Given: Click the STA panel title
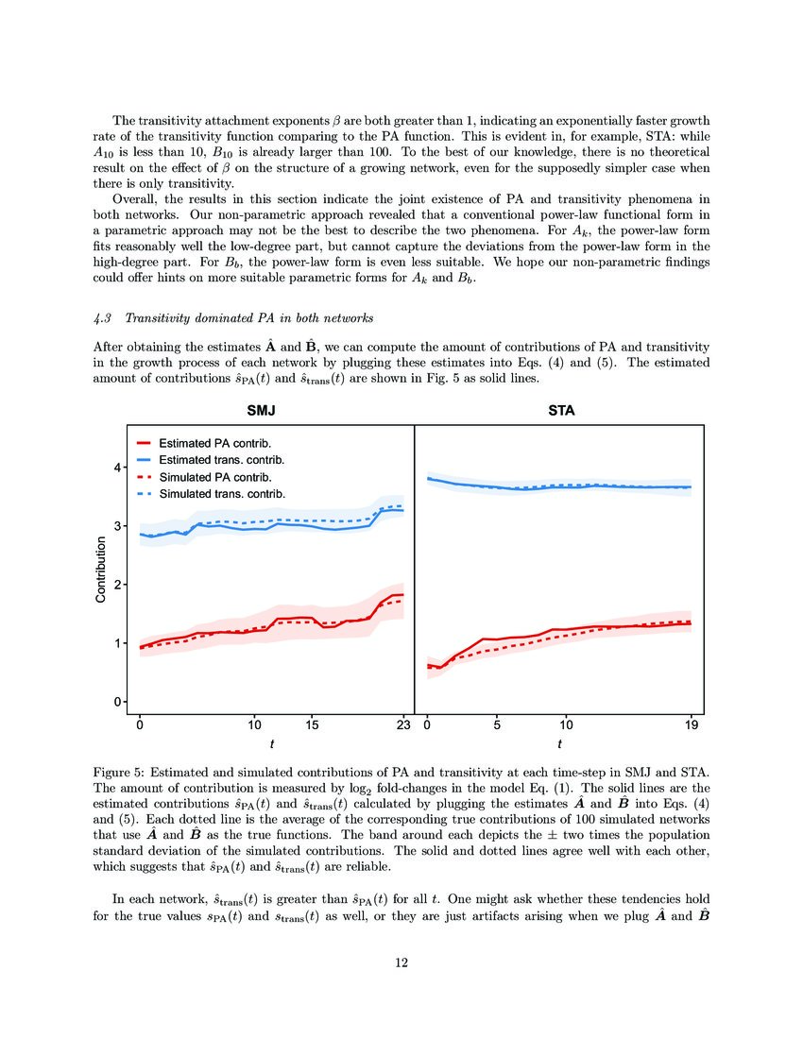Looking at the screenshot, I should coord(561,411).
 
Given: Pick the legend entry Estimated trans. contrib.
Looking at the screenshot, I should coord(221,459).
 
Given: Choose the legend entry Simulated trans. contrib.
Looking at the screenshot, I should coord(221,493).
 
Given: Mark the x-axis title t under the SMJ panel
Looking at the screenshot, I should coord(272,743).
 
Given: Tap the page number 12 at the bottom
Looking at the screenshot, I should coord(401,963).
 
